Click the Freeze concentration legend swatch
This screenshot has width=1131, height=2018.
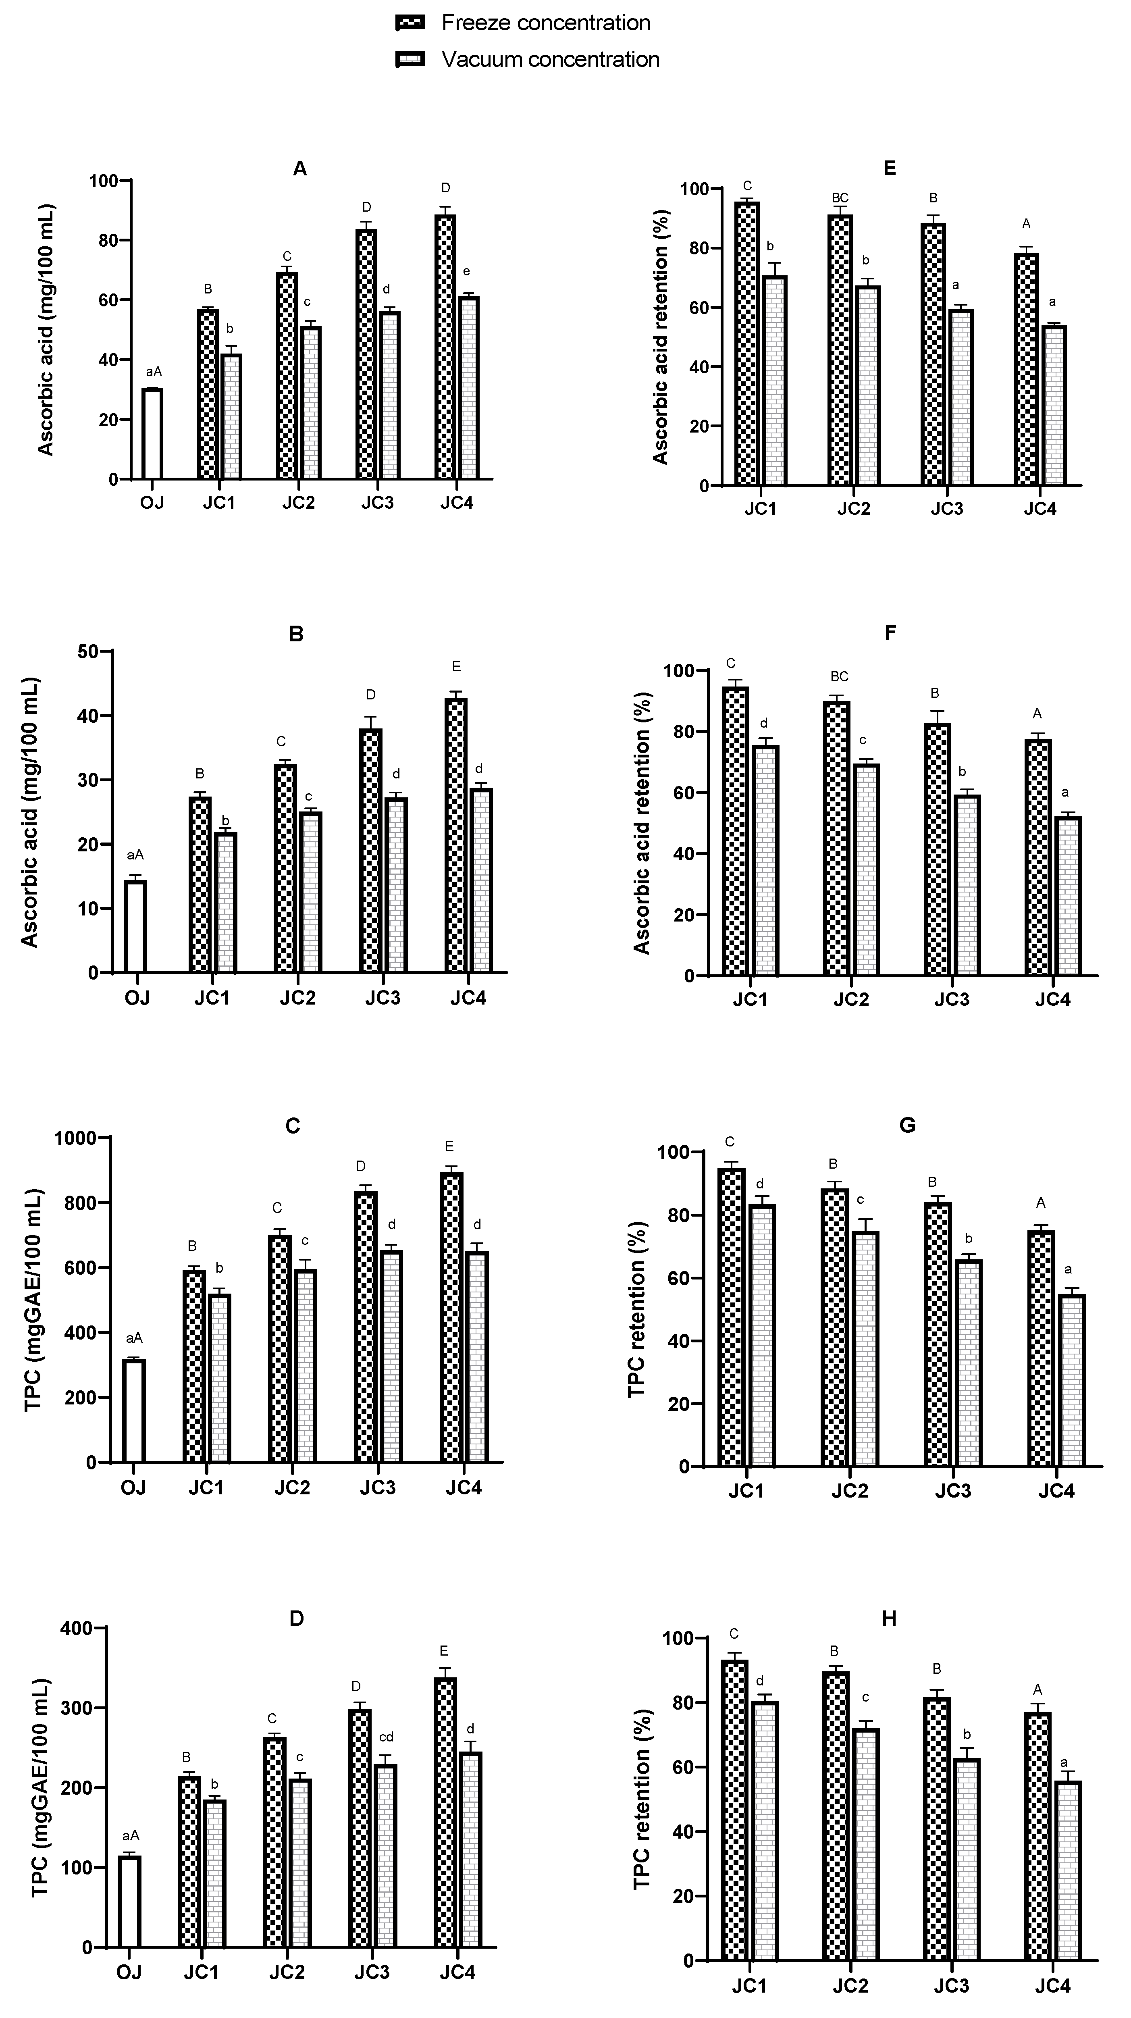410,23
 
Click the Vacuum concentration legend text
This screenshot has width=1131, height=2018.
550,60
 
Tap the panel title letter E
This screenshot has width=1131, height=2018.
889,169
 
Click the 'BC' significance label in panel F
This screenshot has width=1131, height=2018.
839,676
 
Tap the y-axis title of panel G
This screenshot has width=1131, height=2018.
637,1308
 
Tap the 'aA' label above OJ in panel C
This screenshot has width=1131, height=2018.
135,1338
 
